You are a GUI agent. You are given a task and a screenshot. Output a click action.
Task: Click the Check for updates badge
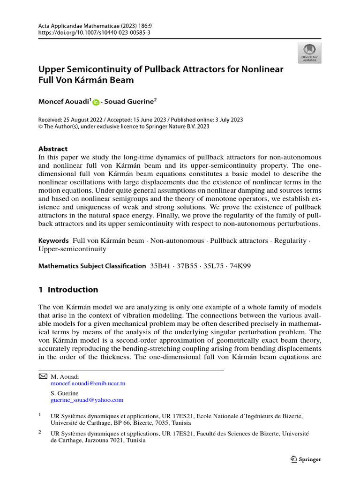[x=309, y=53]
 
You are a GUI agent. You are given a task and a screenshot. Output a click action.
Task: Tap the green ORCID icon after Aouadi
[x=96, y=101]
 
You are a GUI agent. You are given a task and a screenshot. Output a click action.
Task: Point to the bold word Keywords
[x=53, y=240]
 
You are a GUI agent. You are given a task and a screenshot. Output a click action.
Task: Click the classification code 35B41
[x=160, y=266]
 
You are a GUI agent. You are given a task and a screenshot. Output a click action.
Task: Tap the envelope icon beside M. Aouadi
[x=42, y=376]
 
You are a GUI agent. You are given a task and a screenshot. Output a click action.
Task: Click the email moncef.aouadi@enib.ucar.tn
[x=88, y=383]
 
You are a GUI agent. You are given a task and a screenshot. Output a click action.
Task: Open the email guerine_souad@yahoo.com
[x=87, y=400]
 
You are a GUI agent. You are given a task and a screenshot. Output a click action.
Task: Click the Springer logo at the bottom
[x=306, y=459]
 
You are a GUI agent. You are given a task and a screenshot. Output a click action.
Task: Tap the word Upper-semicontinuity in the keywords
[x=72, y=249]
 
